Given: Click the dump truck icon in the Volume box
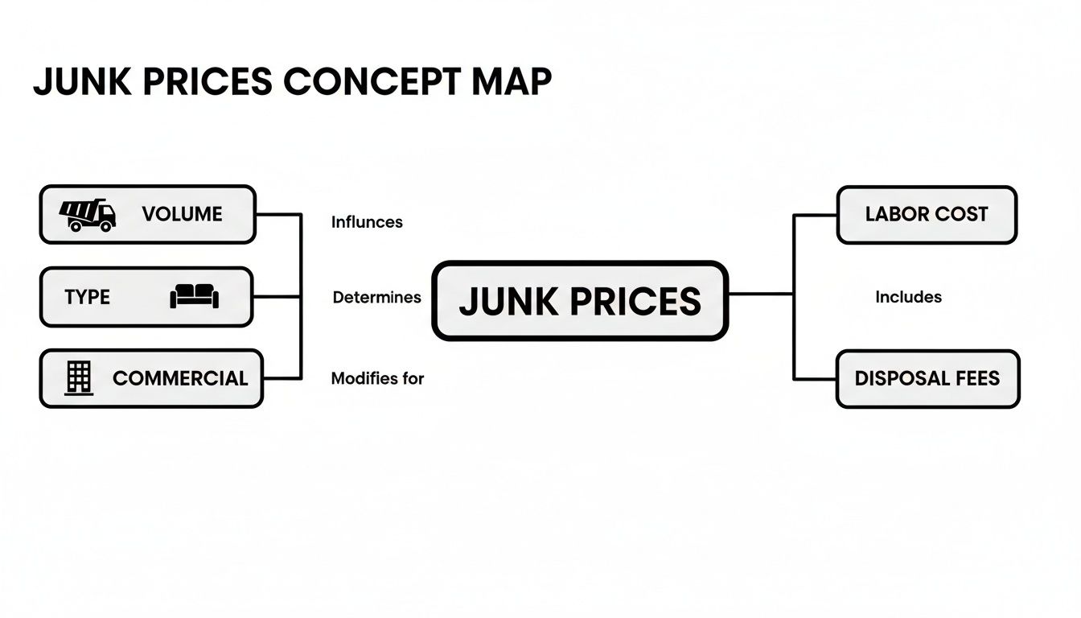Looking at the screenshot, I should [x=88, y=215].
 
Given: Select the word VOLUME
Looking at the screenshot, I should [x=182, y=215].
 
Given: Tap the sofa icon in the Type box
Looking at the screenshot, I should [x=194, y=297].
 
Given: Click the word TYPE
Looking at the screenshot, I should [x=87, y=297].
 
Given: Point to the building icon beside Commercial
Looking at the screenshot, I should [x=79, y=377].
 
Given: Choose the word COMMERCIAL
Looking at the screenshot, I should [x=180, y=378].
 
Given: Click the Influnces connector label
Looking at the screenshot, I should [x=367, y=222].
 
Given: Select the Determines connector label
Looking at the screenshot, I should [x=376, y=298].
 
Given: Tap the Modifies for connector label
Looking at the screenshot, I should [x=377, y=378].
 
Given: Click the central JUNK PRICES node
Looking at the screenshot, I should [x=580, y=301].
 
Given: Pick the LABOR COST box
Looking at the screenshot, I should [x=927, y=215].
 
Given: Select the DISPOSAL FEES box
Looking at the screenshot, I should [x=927, y=378].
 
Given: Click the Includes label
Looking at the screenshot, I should [x=908, y=298].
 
